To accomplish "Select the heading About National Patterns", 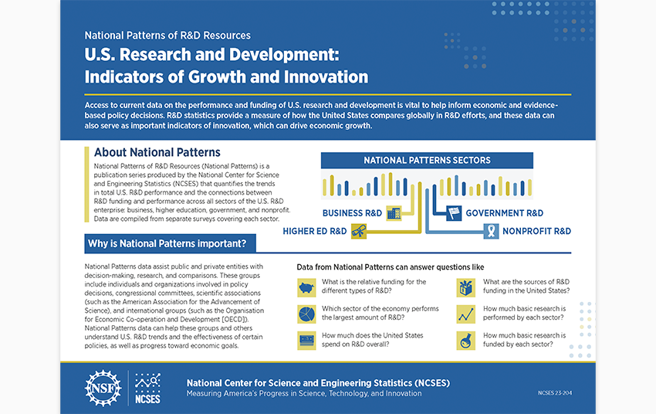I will (x=157, y=152).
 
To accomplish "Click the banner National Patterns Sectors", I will (x=427, y=161).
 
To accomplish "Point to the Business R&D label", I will (x=352, y=213).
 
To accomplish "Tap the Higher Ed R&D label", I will (x=314, y=231).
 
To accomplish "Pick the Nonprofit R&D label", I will (x=536, y=231).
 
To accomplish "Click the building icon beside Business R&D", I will (x=394, y=212).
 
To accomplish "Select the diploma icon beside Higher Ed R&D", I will (x=359, y=231).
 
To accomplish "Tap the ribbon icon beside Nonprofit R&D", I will (x=490, y=230).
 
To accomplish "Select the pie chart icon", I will (x=306, y=314).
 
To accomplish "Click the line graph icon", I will (x=465, y=314).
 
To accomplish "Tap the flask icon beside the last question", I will (x=465, y=340).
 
